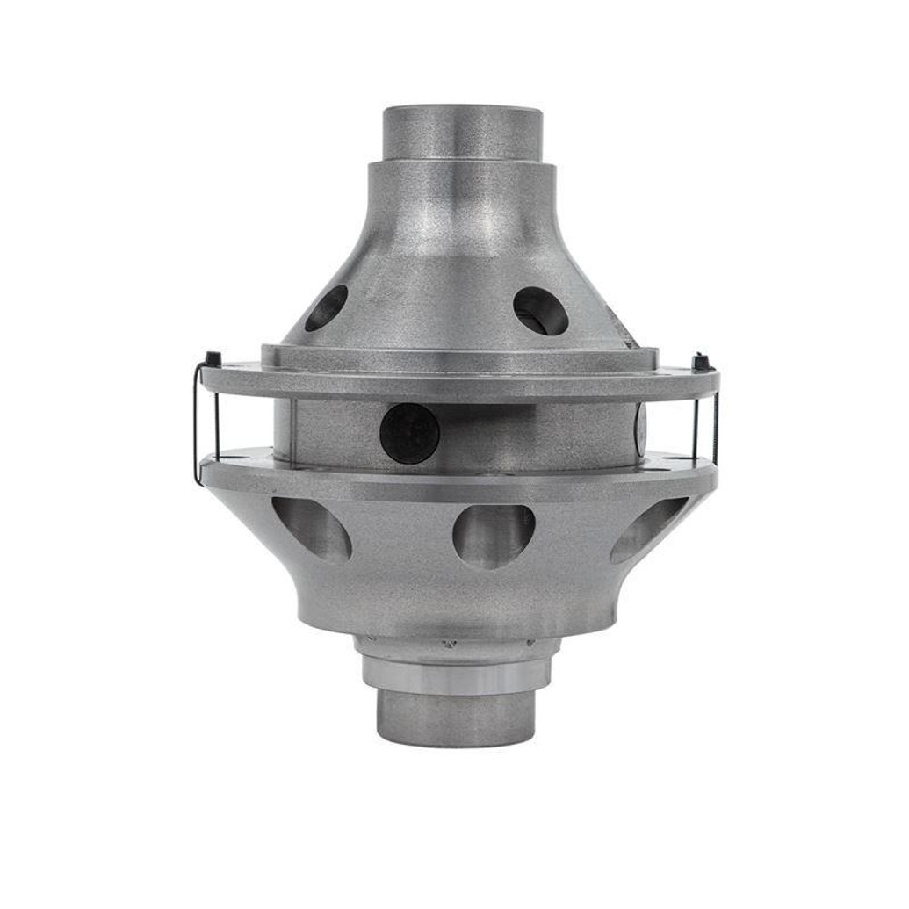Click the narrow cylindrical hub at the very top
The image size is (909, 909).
click(x=462, y=132)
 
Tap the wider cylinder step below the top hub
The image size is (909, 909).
click(x=462, y=189)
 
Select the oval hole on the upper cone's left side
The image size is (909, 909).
click(x=327, y=308)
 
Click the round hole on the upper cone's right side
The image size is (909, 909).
click(x=540, y=311)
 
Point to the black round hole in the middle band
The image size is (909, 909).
click(x=409, y=433)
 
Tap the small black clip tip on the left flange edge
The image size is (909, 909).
click(x=212, y=358)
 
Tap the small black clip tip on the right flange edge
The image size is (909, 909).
click(x=700, y=360)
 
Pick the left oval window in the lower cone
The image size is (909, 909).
click(x=312, y=528)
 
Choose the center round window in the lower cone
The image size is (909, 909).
click(x=494, y=535)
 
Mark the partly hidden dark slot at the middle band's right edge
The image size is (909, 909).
click(x=639, y=427)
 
